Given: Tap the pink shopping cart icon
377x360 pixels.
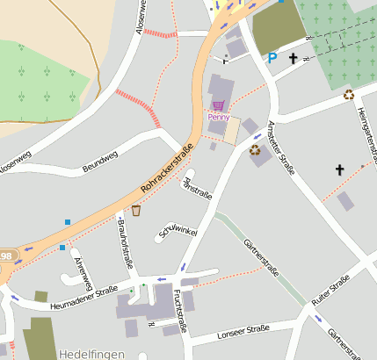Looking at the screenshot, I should pyautogui.click(x=218, y=104).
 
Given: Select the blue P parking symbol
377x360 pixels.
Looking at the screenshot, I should pyautogui.click(x=272, y=59).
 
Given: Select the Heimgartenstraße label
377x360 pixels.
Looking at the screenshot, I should pyautogui.click(x=368, y=133).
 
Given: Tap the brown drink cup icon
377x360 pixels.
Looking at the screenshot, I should pyautogui.click(x=135, y=210).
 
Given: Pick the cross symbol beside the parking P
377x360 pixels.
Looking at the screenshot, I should pyautogui.click(x=293, y=58).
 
